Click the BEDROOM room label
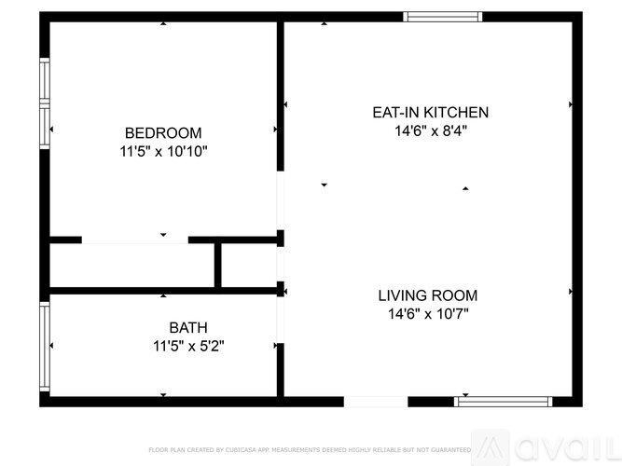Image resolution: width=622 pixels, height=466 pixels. tap(163, 132)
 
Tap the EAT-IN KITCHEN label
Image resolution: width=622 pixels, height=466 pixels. tap(430, 113)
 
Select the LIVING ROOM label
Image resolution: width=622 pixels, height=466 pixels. tap(427, 295)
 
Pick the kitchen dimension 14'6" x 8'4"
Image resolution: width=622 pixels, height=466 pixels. tap(430, 131)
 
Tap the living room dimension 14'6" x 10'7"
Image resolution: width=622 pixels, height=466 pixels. tap(427, 314)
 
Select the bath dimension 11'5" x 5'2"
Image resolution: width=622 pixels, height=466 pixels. tap(188, 346)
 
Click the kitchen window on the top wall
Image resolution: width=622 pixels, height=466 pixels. tap(443, 16)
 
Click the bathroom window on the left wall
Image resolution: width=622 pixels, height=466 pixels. tap(44, 346)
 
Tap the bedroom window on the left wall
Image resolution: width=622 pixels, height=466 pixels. tap(44, 103)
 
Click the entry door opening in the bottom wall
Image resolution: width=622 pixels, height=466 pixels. tap(376, 402)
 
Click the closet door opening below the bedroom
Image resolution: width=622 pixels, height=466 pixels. tap(135, 240)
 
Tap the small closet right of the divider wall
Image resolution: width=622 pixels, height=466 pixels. tap(249, 266)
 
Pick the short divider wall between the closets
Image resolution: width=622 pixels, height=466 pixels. tap(218, 266)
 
